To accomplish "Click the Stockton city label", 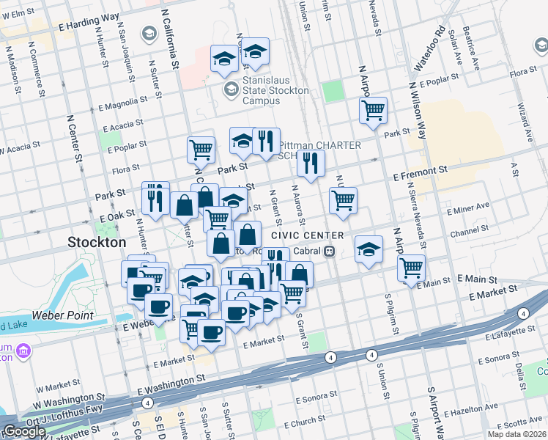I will point(97,241).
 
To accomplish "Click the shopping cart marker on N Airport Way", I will point(373,111).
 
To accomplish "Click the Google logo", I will point(23,431).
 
